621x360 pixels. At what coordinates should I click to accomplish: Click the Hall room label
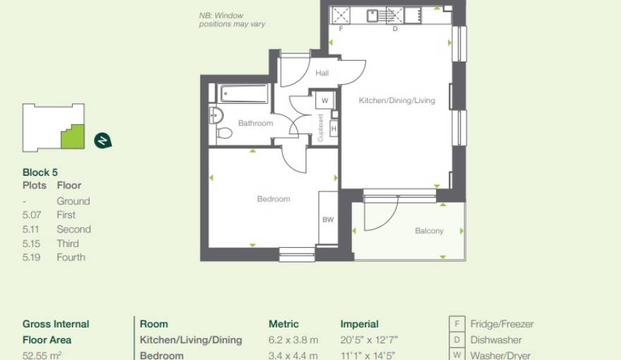(x=322, y=73)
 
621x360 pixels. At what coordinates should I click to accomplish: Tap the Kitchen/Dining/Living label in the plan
(x=397, y=101)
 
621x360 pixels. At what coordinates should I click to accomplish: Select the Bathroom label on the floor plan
(x=255, y=124)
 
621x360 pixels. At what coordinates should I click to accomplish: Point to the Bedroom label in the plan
(x=273, y=199)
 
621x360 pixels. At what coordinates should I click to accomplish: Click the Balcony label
(x=429, y=231)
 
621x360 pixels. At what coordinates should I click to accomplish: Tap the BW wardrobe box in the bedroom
(x=328, y=220)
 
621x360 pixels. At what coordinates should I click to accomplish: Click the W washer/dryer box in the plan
(x=325, y=101)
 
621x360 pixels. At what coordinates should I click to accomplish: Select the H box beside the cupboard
(x=334, y=128)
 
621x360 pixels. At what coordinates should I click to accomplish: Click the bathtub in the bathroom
(x=243, y=93)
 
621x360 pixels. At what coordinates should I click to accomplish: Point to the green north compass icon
(x=103, y=140)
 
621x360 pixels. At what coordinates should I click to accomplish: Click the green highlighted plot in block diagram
(x=72, y=137)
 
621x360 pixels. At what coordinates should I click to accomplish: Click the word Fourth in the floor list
(x=71, y=258)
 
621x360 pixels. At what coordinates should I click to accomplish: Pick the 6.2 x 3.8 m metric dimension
(x=293, y=340)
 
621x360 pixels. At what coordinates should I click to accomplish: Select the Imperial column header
(x=359, y=325)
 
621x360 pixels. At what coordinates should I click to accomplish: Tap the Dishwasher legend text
(x=496, y=340)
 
